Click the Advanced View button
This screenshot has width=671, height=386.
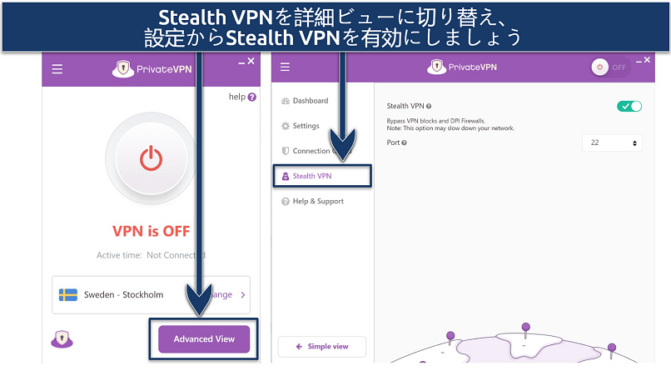(204, 339)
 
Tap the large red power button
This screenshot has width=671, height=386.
(151, 159)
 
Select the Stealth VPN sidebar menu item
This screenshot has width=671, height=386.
(322, 176)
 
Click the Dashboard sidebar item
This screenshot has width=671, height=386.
(310, 101)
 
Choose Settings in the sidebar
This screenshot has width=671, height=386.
(306, 126)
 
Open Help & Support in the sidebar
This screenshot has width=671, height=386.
(317, 201)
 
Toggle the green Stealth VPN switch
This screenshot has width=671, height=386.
(629, 106)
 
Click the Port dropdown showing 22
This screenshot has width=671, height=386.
(611, 143)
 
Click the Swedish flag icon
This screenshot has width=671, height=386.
(68, 294)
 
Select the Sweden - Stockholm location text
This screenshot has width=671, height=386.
(124, 294)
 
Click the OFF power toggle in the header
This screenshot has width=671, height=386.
(610, 68)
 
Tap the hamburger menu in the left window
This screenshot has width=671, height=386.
(57, 69)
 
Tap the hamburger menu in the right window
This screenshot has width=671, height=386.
(286, 68)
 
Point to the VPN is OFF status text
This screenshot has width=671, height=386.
(151, 230)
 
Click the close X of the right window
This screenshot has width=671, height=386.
(649, 60)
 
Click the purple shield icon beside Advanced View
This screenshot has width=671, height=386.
(62, 338)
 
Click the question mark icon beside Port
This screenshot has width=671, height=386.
(404, 143)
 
